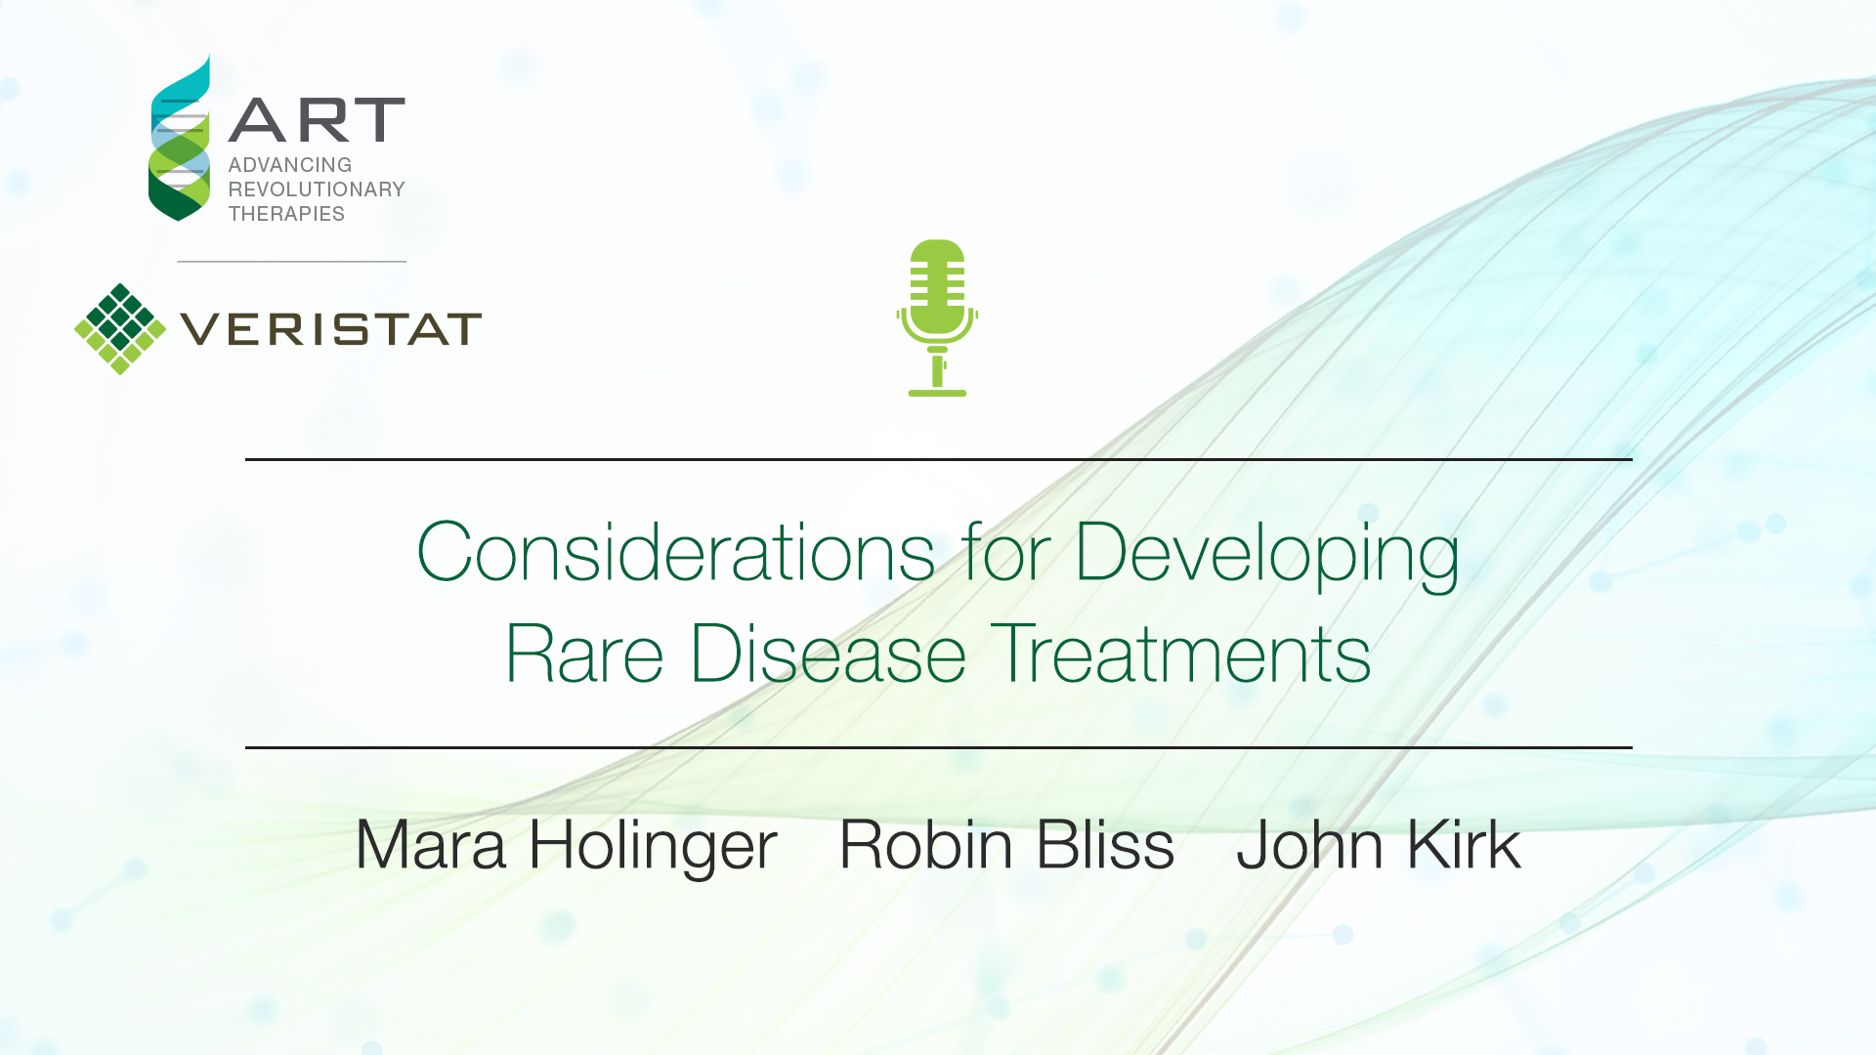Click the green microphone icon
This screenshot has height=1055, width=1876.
point(937,317)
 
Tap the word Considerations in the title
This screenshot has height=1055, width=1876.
point(676,552)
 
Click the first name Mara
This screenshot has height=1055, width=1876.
point(431,844)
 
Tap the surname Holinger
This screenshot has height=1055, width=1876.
point(653,848)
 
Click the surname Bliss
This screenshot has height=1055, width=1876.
point(1105,844)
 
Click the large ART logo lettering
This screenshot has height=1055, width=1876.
point(317,120)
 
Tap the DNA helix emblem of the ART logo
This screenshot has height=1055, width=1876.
point(180,138)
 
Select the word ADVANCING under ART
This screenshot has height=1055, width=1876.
point(290,165)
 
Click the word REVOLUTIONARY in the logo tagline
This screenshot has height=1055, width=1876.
point(317,190)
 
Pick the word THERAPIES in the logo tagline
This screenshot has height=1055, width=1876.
point(286,214)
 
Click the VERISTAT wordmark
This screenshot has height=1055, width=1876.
point(331,329)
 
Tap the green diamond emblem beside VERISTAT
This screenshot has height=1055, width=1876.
point(120,329)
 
